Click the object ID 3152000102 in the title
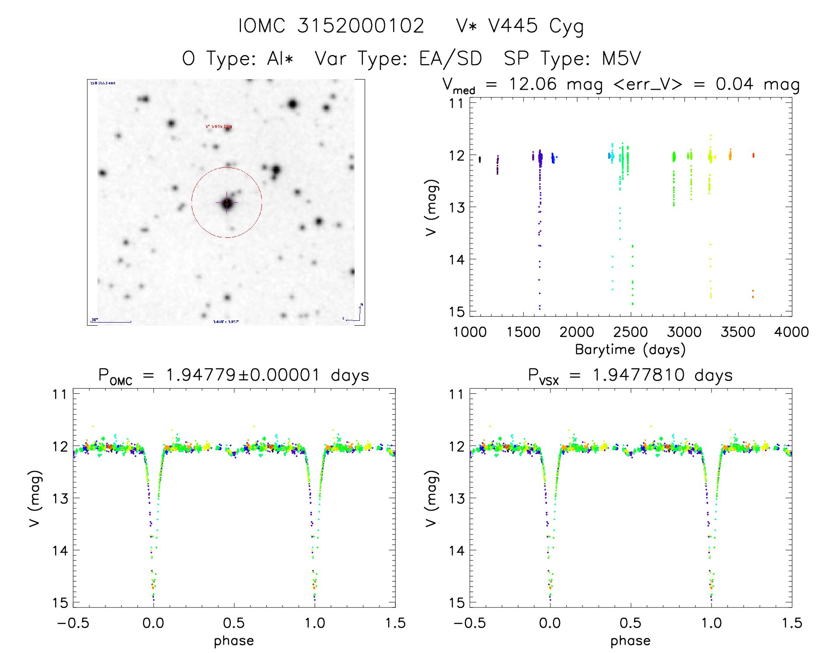click(x=361, y=26)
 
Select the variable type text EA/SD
click(x=450, y=59)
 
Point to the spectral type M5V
click(x=621, y=59)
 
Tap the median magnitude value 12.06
click(x=533, y=84)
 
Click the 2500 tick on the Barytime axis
click(x=631, y=332)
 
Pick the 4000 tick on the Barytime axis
click(x=791, y=332)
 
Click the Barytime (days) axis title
click(x=630, y=350)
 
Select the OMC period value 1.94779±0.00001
click(x=243, y=375)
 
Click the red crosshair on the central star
click(x=227, y=203)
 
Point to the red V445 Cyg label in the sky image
click(x=219, y=127)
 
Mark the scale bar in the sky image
click(x=112, y=322)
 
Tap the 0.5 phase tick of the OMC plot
click(x=234, y=623)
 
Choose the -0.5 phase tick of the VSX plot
click(x=470, y=623)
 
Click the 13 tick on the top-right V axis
click(x=457, y=207)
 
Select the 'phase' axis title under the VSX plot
click(x=630, y=641)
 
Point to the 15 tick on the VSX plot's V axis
click(x=457, y=603)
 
